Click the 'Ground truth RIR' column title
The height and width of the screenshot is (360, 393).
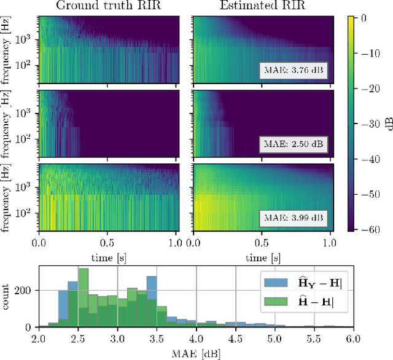[x=109, y=7]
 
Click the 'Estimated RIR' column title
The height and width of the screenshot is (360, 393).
[x=262, y=7]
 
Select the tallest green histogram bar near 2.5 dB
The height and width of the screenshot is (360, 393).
[x=83, y=298]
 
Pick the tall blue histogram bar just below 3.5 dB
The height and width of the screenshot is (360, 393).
[x=152, y=301]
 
